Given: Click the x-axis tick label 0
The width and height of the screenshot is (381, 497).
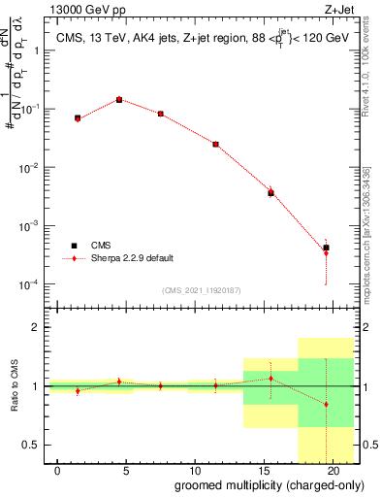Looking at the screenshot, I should (x=58, y=470).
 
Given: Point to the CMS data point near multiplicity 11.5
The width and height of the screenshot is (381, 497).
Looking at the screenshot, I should (x=215, y=144).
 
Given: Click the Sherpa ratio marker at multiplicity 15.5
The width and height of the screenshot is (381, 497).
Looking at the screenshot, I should (x=270, y=379).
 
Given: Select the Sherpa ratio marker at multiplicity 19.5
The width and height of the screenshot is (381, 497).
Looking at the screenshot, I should (x=327, y=404).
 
